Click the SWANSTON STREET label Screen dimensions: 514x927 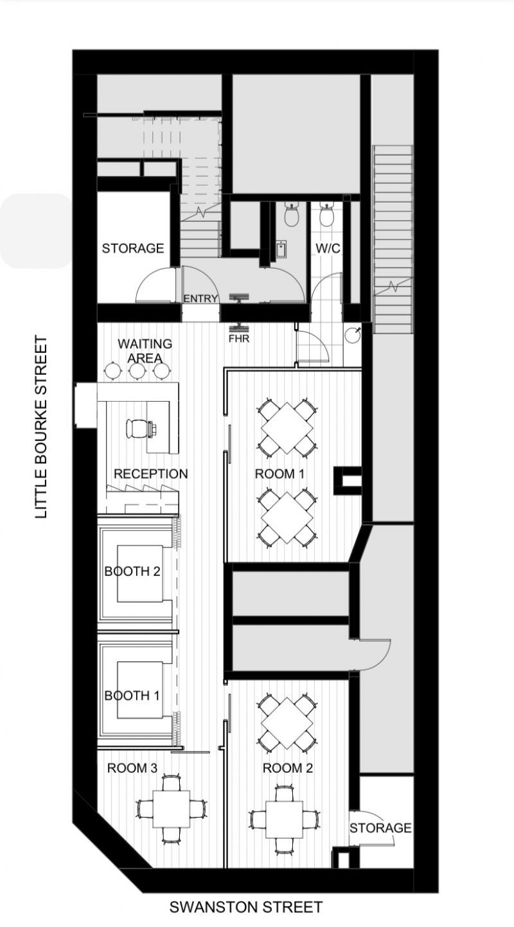(245, 907)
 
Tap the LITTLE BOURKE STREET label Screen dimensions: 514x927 (41, 427)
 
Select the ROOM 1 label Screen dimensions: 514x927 (279, 474)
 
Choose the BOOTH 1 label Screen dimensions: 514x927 (132, 696)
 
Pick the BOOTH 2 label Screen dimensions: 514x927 (132, 571)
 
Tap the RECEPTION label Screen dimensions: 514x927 (150, 474)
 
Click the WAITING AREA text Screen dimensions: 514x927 (145, 351)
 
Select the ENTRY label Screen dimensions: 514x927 (200, 298)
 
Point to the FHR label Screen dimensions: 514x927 (240, 339)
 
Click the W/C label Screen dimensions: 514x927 (328, 249)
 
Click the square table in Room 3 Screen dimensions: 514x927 (171, 809)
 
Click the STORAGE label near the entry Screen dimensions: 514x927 (133, 248)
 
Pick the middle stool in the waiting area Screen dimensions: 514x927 (137, 370)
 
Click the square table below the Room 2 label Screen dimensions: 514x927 (284, 819)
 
